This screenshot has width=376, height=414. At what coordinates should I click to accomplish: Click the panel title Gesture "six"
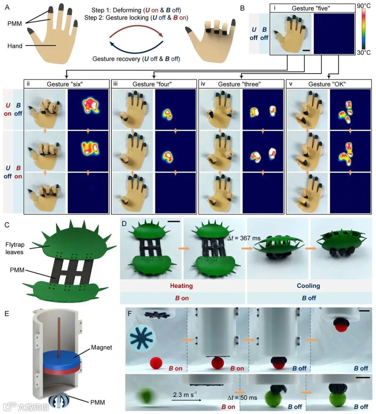(x=65, y=84)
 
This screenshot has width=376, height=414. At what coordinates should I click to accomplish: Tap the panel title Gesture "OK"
(x=327, y=84)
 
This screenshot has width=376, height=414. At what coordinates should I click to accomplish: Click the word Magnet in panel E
(x=101, y=347)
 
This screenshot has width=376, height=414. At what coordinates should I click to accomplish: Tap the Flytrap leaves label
(x=15, y=248)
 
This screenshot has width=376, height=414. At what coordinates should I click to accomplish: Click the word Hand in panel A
(x=15, y=46)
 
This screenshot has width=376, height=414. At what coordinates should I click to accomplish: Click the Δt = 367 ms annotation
(x=244, y=238)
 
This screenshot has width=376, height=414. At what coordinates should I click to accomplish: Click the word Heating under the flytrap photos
(x=181, y=286)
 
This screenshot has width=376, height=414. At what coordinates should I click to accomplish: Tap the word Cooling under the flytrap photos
(x=308, y=286)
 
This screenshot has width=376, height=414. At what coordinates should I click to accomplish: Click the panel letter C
(x=7, y=225)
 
